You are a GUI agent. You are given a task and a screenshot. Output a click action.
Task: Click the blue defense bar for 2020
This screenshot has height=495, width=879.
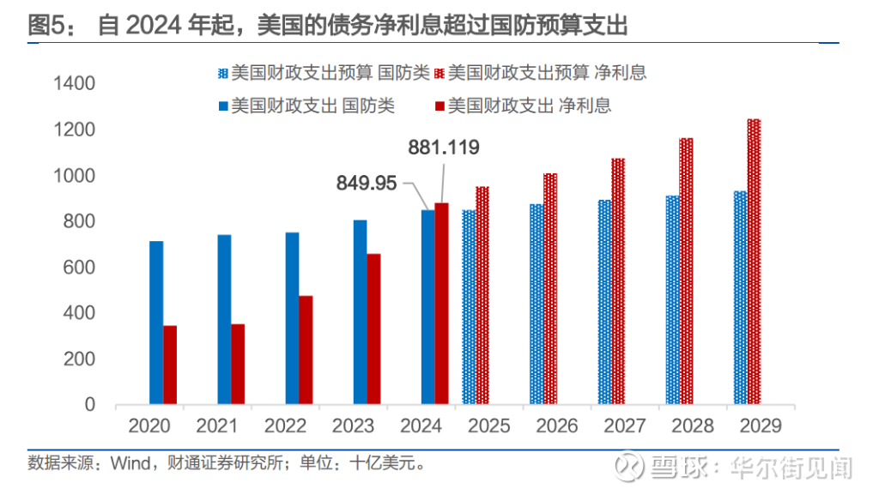point(155,322)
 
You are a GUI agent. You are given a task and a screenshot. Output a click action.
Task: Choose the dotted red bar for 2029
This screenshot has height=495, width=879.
point(754,261)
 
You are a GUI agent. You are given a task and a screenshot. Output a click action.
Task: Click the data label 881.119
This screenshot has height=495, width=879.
point(443,148)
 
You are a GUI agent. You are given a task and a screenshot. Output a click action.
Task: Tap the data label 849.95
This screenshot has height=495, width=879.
point(367,183)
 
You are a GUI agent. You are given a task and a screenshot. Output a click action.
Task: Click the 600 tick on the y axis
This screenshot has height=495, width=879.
point(79,268)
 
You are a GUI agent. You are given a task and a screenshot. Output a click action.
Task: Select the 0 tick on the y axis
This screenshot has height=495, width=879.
point(89,405)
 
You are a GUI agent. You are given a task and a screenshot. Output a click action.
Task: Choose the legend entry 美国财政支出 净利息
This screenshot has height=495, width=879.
point(529,106)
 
